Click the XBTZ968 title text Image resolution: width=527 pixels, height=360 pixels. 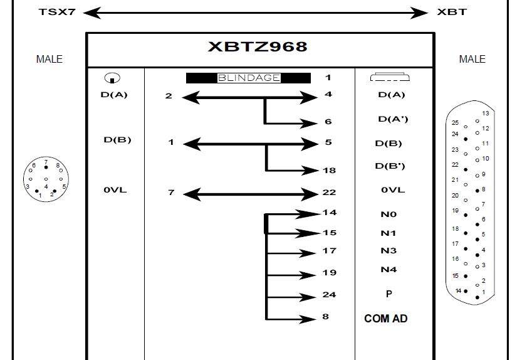[x=258, y=47]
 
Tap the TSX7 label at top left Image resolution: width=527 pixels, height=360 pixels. [x=57, y=12]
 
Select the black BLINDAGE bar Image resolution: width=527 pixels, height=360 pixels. [x=248, y=78]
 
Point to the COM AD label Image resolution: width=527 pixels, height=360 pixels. [x=385, y=319]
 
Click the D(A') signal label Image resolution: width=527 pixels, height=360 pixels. [x=393, y=119]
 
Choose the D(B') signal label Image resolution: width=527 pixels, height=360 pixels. [x=390, y=166]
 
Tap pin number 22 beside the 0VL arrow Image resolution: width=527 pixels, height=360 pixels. [x=329, y=193]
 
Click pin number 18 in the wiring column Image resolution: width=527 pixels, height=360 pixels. [x=329, y=170]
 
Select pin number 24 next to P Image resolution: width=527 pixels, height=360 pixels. [x=329, y=294]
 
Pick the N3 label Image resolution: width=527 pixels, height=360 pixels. [x=389, y=251]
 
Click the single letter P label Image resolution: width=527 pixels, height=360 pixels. [x=389, y=294]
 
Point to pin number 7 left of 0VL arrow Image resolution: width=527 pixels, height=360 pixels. [x=171, y=193]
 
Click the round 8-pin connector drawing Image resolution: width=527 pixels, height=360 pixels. [x=46, y=179]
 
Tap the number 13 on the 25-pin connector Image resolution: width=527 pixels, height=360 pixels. [x=485, y=113]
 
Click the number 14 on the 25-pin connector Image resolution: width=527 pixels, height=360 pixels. [x=459, y=290]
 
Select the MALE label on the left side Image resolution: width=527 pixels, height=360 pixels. [x=50, y=59]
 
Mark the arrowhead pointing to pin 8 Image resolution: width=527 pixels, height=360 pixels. [x=309, y=319]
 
